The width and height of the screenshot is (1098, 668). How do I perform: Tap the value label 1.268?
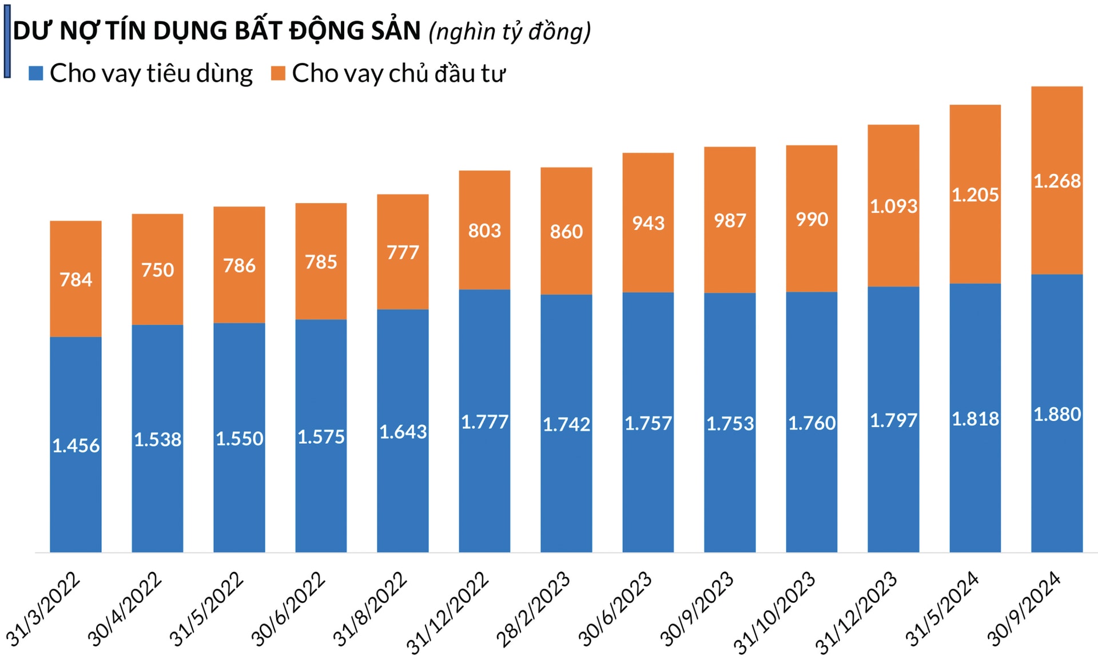(x=1056, y=181)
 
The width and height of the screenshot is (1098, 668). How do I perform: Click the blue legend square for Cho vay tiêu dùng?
(x=36, y=73)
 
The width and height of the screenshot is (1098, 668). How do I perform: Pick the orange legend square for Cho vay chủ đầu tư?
(x=278, y=73)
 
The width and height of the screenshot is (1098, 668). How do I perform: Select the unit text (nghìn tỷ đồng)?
(x=510, y=31)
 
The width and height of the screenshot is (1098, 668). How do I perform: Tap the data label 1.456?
(x=75, y=446)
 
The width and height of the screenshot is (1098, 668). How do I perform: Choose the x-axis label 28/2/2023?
(x=533, y=610)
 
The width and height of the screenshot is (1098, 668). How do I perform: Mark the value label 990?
(x=811, y=220)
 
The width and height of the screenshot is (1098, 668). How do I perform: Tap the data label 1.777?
(x=484, y=422)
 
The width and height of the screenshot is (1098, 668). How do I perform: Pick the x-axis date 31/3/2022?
(x=43, y=609)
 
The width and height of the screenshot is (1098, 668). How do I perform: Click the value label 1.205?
(x=974, y=195)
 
